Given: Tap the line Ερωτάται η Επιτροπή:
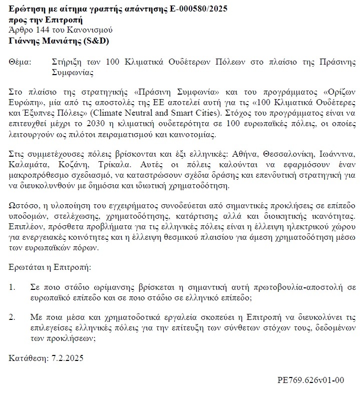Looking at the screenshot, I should (50, 267).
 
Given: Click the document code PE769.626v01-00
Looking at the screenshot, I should (311, 379).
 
